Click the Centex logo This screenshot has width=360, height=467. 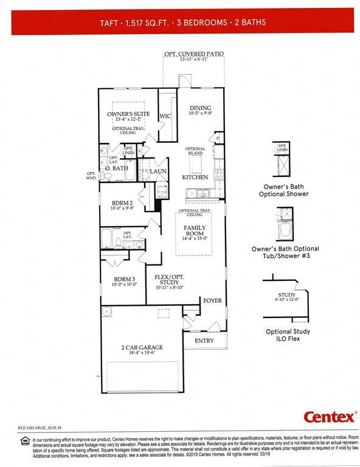330,417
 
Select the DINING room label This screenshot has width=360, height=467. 200,108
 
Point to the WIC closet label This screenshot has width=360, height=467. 165,116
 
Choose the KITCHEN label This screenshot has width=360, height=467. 195,177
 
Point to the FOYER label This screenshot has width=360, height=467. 212,301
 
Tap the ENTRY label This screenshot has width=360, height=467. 204,341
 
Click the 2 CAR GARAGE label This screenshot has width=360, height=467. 142,347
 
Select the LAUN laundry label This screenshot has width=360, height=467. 159,171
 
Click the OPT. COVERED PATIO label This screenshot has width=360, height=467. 193,54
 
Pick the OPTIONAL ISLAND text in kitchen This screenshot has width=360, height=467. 195,151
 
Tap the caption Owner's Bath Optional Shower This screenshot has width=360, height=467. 286,190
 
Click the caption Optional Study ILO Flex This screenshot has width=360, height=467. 288,335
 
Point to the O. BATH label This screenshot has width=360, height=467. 116,168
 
